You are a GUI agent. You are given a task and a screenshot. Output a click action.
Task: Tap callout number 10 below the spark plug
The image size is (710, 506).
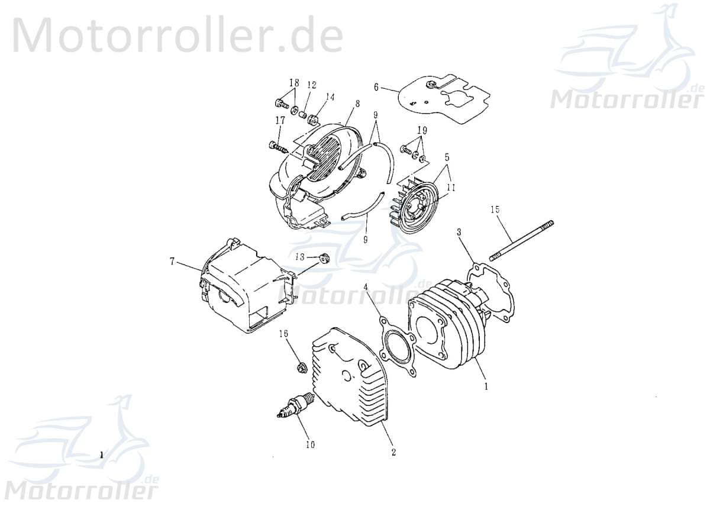(x=310, y=444)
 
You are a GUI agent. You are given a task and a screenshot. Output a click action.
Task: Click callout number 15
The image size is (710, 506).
(x=495, y=209)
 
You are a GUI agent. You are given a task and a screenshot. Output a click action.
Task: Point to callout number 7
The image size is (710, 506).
(x=172, y=261)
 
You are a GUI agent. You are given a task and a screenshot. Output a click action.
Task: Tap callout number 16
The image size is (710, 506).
(x=284, y=334)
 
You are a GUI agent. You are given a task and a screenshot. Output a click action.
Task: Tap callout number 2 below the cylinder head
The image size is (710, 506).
(x=393, y=453)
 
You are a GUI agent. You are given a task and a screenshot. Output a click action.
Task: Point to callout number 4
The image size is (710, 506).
(x=366, y=287)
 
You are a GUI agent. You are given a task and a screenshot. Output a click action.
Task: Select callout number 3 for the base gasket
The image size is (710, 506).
(x=459, y=233)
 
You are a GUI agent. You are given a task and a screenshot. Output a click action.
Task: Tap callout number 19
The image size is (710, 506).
(x=422, y=130)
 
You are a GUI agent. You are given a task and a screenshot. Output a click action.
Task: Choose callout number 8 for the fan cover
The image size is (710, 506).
(x=357, y=103)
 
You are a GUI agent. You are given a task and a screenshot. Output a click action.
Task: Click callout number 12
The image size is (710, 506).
(x=312, y=85)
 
